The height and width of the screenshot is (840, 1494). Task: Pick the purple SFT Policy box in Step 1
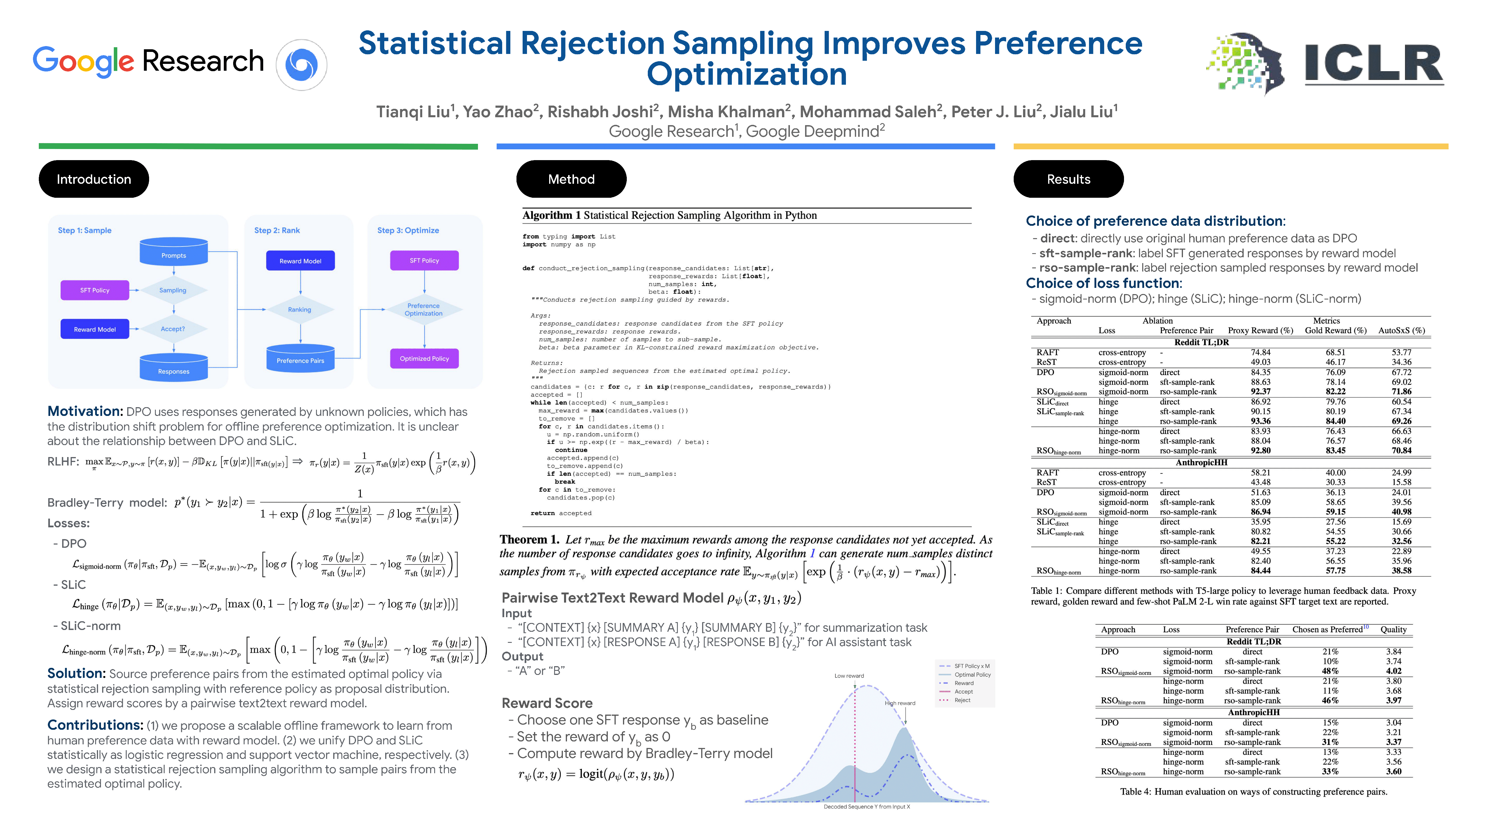pyautogui.click(x=95, y=290)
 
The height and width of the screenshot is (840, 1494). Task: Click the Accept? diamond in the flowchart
pyautogui.click(x=173, y=329)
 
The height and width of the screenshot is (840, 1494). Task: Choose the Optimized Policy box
pyautogui.click(x=424, y=358)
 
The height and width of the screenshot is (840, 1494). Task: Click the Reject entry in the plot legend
pyautogui.click(x=962, y=700)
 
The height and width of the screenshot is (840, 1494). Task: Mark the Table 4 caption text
pyautogui.click(x=1253, y=791)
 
